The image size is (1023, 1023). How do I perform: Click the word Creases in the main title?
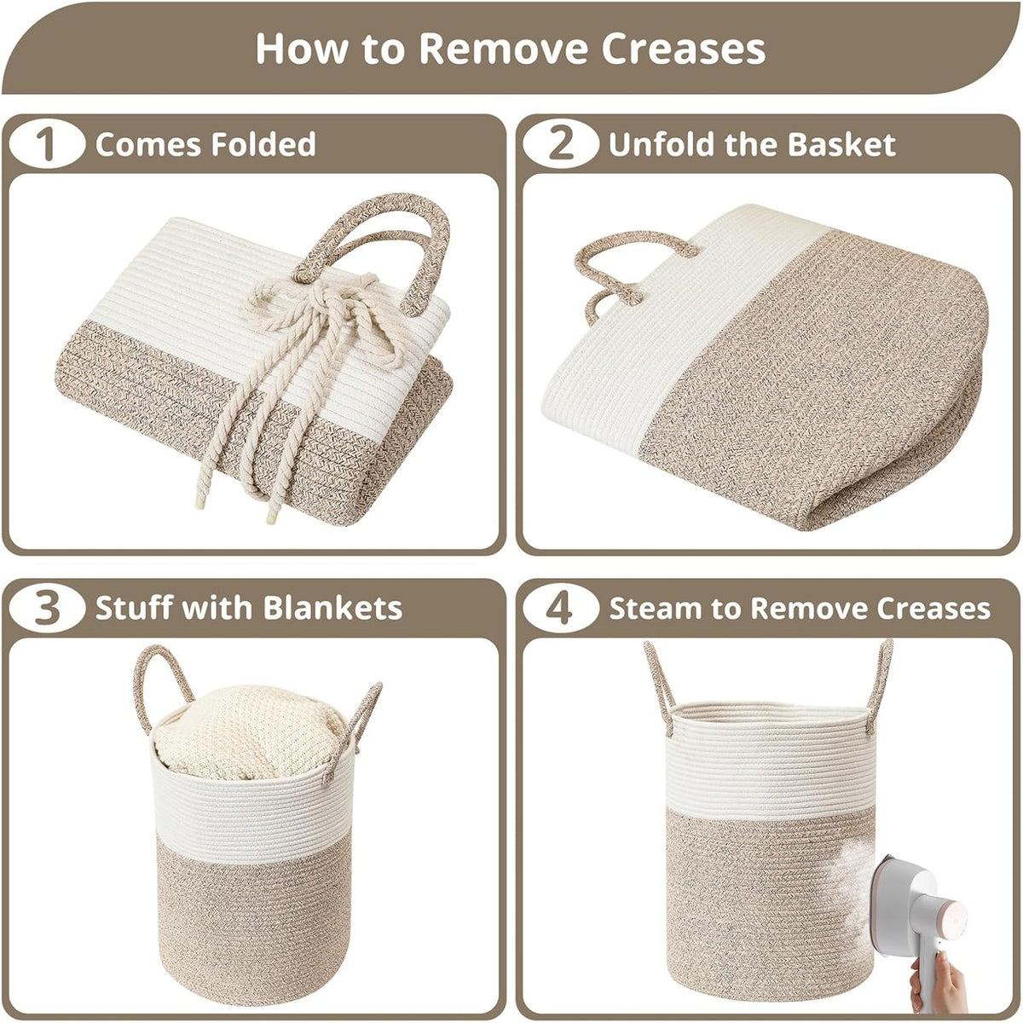(683, 49)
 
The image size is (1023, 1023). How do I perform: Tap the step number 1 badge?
(47, 144)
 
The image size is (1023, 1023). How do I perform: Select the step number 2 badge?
(561, 144)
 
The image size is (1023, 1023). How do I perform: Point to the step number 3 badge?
(47, 609)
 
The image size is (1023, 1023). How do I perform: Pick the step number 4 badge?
(561, 609)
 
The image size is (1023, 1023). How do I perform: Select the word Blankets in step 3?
(332, 609)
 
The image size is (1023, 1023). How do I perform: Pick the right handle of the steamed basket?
(880, 685)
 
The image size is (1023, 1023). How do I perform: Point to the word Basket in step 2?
(841, 144)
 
